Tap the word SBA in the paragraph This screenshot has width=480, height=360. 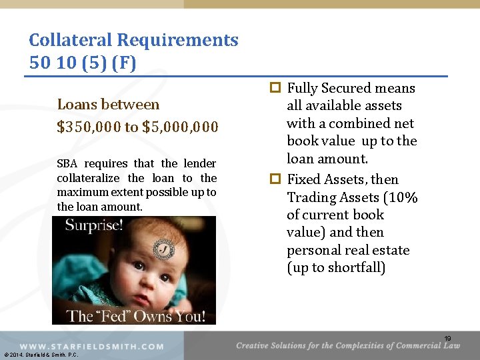(67, 163)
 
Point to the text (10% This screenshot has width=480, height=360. (401, 197)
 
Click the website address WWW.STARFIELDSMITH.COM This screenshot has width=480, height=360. (92, 347)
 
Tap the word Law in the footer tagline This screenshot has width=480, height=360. (452, 345)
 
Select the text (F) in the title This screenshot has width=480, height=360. (124, 63)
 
